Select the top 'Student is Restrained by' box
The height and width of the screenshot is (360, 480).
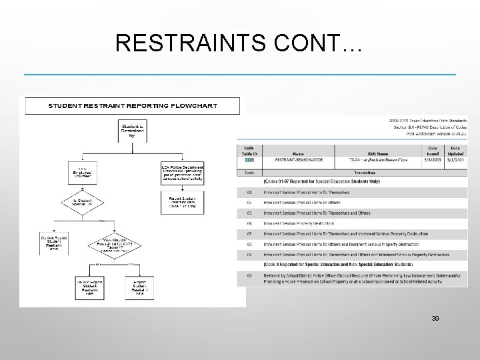[x=130, y=129]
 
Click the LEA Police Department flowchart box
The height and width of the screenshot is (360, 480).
[x=182, y=171]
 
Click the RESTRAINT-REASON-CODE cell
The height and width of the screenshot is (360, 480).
[x=299, y=161]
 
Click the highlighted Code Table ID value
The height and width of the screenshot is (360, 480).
[x=249, y=161]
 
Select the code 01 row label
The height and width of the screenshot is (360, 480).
[x=249, y=193]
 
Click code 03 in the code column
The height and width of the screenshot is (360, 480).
[x=249, y=213]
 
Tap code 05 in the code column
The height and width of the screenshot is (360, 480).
[x=249, y=233]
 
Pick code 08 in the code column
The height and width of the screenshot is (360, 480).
[x=249, y=275]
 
